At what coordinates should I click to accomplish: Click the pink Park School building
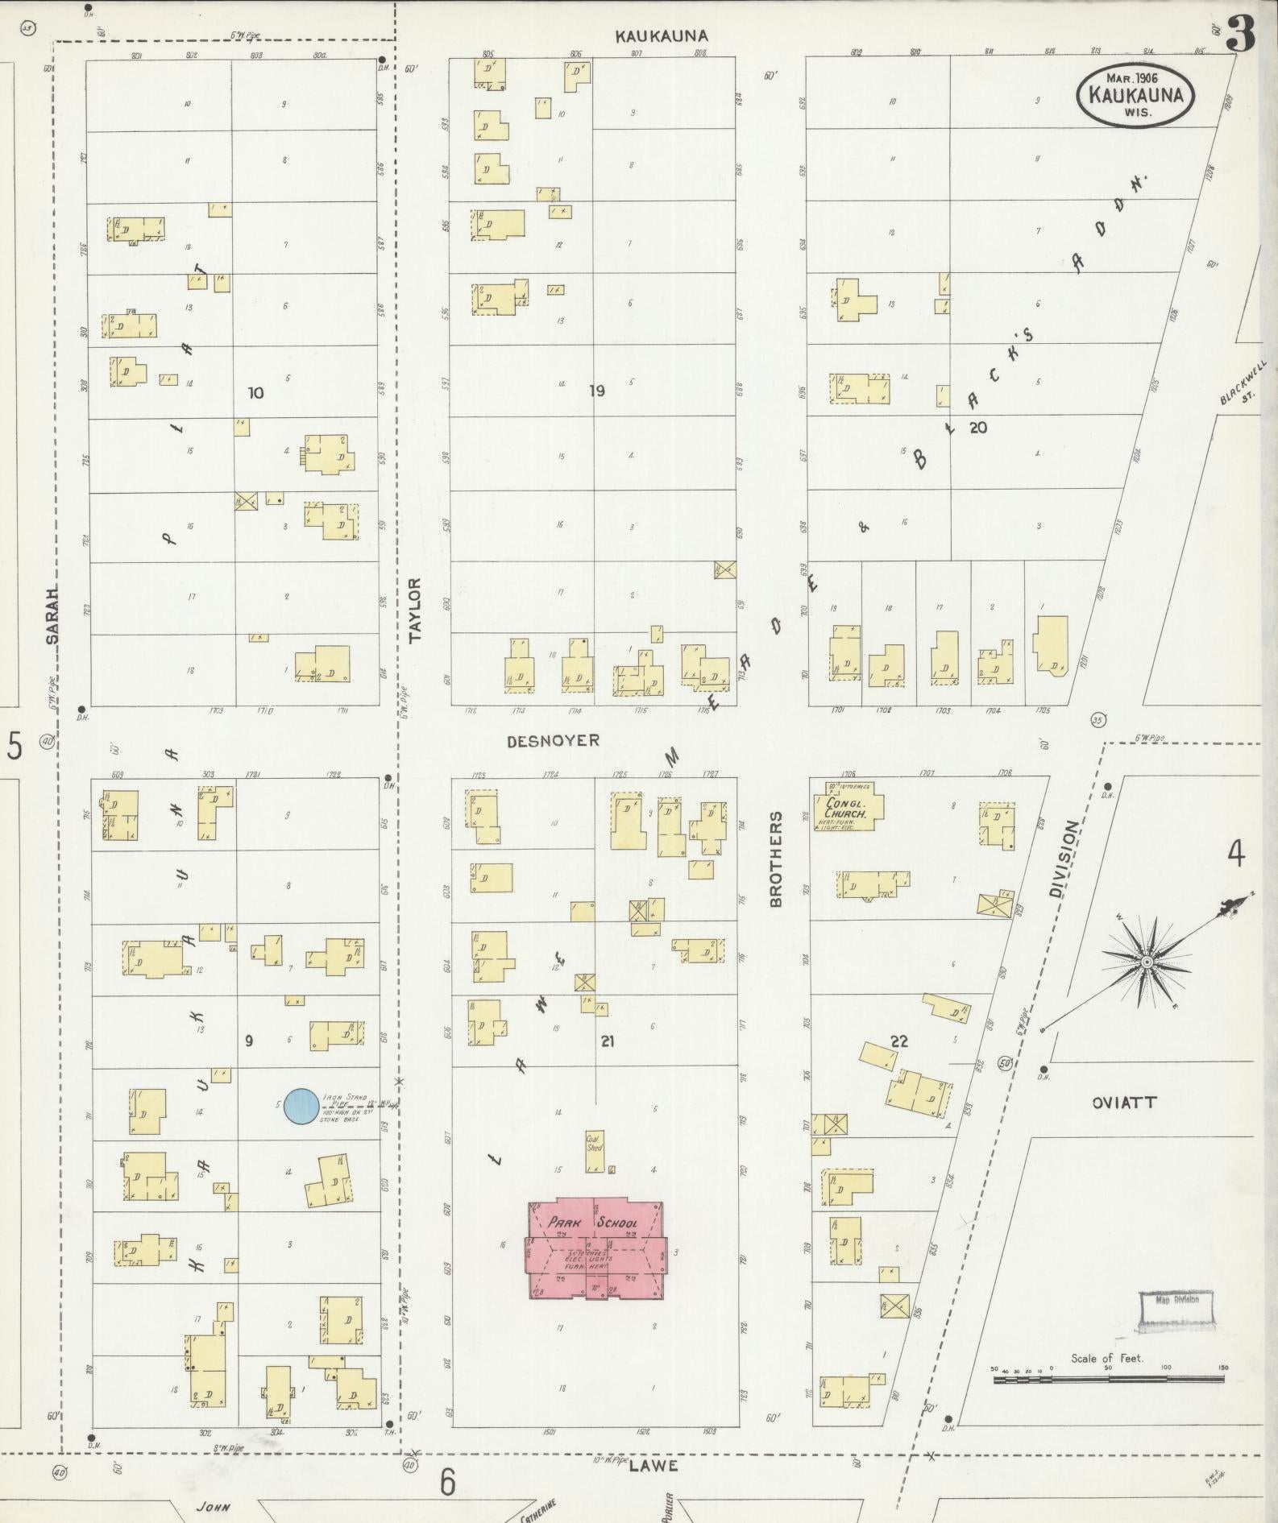point(595,1249)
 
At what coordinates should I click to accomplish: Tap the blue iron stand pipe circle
point(301,1107)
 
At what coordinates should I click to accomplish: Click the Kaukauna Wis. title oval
point(1135,95)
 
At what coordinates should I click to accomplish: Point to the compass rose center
point(1145,962)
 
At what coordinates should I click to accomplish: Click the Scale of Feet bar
point(1108,1379)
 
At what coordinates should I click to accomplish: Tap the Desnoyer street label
point(553,740)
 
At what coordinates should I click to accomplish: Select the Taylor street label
point(416,610)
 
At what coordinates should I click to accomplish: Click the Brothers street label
point(776,859)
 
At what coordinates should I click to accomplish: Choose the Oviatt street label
point(1124,1103)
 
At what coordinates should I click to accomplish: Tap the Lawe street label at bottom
point(654,1465)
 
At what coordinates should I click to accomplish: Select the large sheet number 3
point(1241,34)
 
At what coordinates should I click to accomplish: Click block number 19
point(596,391)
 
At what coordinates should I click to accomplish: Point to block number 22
point(899,1041)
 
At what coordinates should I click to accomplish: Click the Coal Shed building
point(595,1150)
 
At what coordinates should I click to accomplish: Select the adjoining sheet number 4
point(1236,853)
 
